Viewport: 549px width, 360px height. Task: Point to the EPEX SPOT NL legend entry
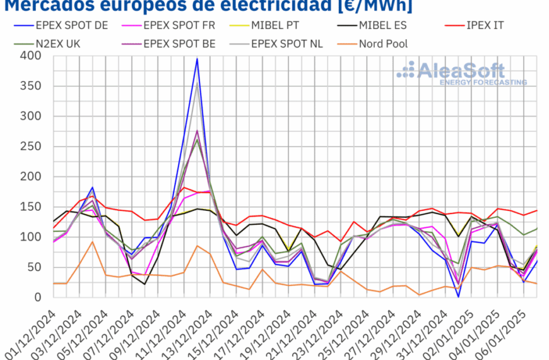click(287, 44)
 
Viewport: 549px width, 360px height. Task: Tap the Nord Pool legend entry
click(382, 44)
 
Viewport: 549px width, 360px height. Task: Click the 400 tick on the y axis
click(30, 56)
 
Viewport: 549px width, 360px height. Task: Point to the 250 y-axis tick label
click(30, 147)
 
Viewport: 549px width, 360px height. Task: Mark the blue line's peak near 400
click(197, 59)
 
